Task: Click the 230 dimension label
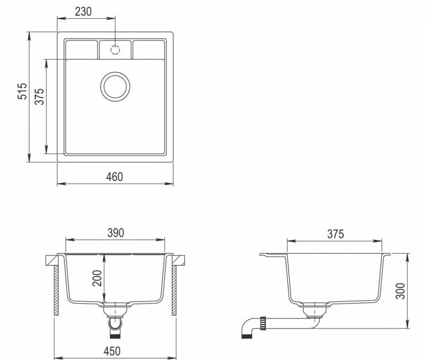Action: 83,12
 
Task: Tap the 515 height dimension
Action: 22,91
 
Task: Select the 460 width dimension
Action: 114,177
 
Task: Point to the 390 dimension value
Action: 116,233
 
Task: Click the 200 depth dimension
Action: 97,278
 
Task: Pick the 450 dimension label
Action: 112,351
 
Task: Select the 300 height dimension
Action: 400,291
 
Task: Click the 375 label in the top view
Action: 39,97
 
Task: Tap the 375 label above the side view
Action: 336,234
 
